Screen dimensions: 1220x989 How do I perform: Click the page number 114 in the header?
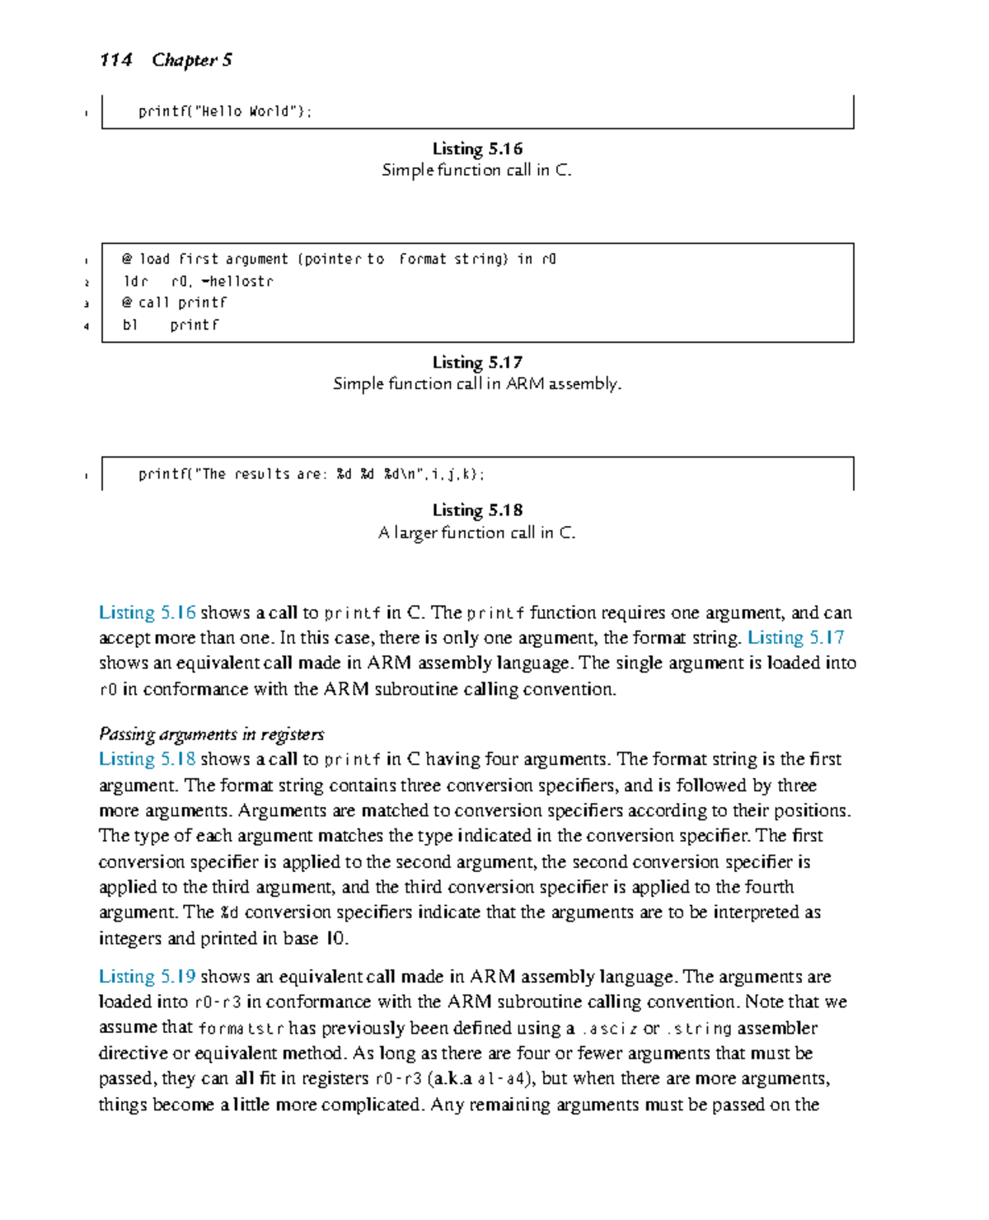[x=115, y=60]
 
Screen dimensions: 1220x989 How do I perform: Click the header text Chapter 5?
[x=192, y=60]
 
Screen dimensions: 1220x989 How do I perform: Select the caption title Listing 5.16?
[x=477, y=149]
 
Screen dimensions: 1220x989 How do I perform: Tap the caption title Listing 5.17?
[x=477, y=363]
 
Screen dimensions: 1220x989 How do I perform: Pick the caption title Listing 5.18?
[x=477, y=510]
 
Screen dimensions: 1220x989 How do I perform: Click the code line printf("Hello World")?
[x=225, y=111]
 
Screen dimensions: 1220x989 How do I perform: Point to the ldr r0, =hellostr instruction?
[x=198, y=281]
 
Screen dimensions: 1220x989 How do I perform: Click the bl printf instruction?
[x=171, y=325]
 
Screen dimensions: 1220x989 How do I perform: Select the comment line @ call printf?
[x=174, y=303]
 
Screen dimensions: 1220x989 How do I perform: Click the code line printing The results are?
[x=312, y=474]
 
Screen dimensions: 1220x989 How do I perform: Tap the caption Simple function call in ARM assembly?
[x=477, y=384]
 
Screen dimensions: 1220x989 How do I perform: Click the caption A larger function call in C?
[x=477, y=533]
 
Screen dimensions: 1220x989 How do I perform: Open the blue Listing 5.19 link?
[x=147, y=977]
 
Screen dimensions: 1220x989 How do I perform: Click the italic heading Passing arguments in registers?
[x=211, y=734]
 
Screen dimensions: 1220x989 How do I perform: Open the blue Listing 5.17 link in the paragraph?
[x=795, y=638]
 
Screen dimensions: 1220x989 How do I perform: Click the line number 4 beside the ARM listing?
[x=87, y=326]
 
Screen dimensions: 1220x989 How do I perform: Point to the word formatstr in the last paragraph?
[x=241, y=1029]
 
